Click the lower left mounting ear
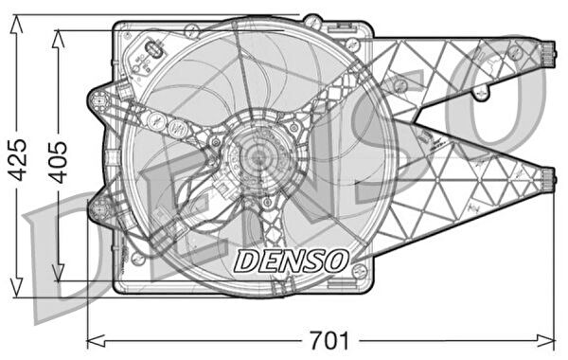(98, 206)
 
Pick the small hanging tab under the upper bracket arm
(482, 92)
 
